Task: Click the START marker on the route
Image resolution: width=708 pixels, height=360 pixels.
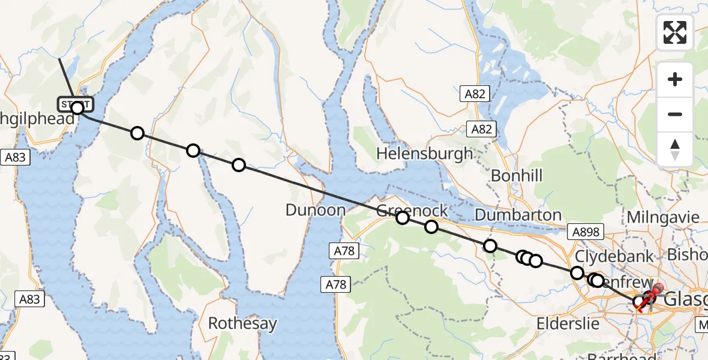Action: click(x=76, y=104)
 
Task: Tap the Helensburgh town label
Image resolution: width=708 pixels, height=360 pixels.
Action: click(x=424, y=154)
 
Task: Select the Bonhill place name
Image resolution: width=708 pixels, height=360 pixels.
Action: click(x=516, y=176)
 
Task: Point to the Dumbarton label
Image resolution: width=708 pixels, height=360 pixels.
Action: click(x=518, y=215)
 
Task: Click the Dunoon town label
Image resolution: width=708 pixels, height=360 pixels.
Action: click(x=316, y=210)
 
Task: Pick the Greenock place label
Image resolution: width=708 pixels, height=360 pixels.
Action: click(x=412, y=211)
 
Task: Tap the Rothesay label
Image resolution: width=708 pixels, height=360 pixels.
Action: click(x=242, y=324)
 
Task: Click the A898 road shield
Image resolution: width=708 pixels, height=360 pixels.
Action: click(x=583, y=231)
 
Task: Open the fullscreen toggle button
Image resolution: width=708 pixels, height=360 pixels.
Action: click(x=674, y=32)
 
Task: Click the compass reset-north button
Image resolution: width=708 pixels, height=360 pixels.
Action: click(x=674, y=149)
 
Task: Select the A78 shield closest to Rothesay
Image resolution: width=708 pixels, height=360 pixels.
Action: click(x=337, y=284)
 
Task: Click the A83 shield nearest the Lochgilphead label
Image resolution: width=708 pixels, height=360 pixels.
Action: click(x=15, y=158)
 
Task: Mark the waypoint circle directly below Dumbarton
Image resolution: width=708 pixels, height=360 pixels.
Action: click(x=490, y=245)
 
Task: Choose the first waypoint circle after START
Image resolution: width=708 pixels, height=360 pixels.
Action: click(x=137, y=133)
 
